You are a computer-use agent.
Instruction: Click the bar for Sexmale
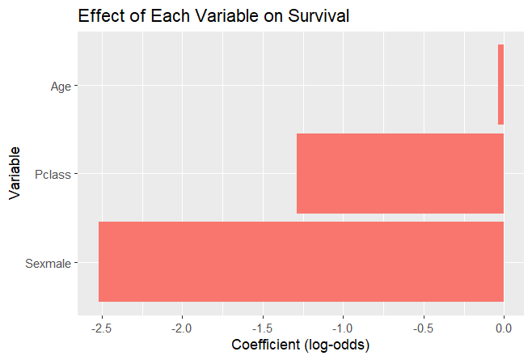(301, 261)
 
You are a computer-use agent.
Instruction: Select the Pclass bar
(400, 173)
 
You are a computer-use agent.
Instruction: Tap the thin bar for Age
(500, 85)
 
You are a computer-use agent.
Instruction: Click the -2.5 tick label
(100, 328)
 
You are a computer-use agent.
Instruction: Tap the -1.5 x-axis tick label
(262, 328)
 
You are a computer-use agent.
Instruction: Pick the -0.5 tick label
(423, 328)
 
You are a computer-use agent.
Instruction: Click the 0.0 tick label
(504, 328)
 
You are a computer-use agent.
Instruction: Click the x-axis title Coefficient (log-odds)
(300, 345)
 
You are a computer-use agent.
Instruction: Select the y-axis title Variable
(15, 172)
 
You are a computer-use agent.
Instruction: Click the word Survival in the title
(317, 16)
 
